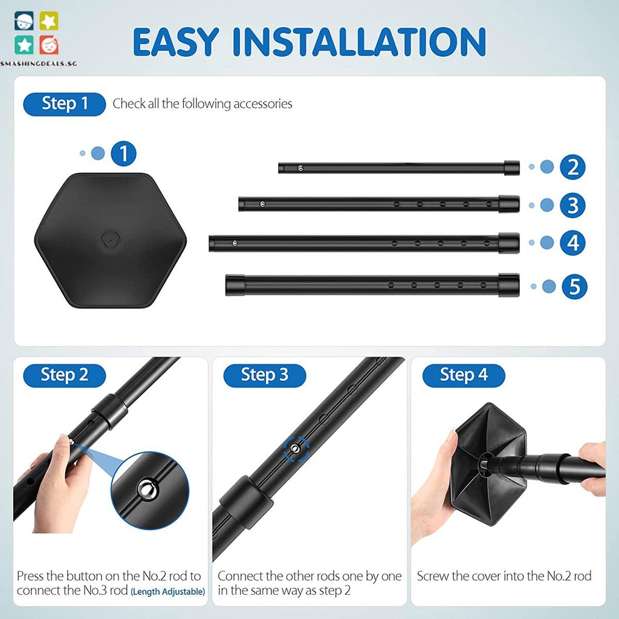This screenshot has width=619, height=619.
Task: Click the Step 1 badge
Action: pos(64,104)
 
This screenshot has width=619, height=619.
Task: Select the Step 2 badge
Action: pos(64,375)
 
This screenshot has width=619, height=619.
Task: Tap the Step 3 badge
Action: pos(265,375)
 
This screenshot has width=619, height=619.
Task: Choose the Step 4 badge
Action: pos(464,375)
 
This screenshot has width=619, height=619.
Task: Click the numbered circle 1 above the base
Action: pos(123,154)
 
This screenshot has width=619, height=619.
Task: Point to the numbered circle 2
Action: pos(572,167)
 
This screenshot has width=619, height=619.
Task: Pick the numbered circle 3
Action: pos(572,206)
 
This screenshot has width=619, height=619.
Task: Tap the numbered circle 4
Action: pos(572,243)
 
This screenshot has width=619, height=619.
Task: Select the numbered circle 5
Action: pos(574,287)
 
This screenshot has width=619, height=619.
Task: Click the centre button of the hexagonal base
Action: pos(111,240)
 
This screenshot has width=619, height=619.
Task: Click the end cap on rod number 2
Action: pos(511,167)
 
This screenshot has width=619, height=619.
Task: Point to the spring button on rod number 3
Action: pos(262,204)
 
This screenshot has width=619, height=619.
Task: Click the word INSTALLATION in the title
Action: pos(359,42)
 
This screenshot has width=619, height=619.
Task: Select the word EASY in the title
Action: pos(176,42)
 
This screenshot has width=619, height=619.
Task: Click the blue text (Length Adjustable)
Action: pos(168,592)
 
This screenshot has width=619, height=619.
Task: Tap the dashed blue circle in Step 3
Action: pos(296,449)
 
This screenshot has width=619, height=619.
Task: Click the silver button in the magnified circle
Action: pos(147,490)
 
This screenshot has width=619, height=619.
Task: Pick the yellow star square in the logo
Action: pos(48,21)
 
